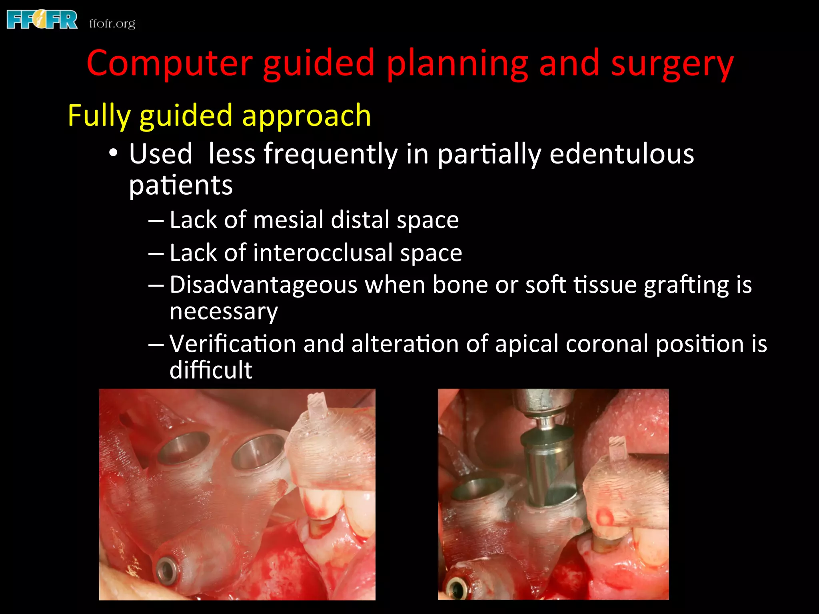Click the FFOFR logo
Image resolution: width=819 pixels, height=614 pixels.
tap(42, 20)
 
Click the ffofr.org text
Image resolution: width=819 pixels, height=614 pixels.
tap(112, 24)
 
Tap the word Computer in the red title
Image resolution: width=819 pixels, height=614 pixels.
tap(170, 64)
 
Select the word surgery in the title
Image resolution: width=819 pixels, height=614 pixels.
tap(672, 64)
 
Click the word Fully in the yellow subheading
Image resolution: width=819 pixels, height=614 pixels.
tap(98, 116)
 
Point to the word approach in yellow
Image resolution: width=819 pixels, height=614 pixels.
tap(306, 116)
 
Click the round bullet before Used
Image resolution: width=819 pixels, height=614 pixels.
tap(114, 153)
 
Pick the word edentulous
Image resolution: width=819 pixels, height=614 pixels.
tap(621, 154)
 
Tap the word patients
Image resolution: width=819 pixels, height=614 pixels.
tap(181, 185)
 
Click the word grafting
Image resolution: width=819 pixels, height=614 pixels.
tap(686, 285)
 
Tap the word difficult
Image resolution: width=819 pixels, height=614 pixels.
tap(211, 370)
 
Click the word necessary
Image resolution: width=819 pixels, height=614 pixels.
tap(223, 311)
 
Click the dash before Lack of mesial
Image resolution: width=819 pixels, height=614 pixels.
tap(156, 220)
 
